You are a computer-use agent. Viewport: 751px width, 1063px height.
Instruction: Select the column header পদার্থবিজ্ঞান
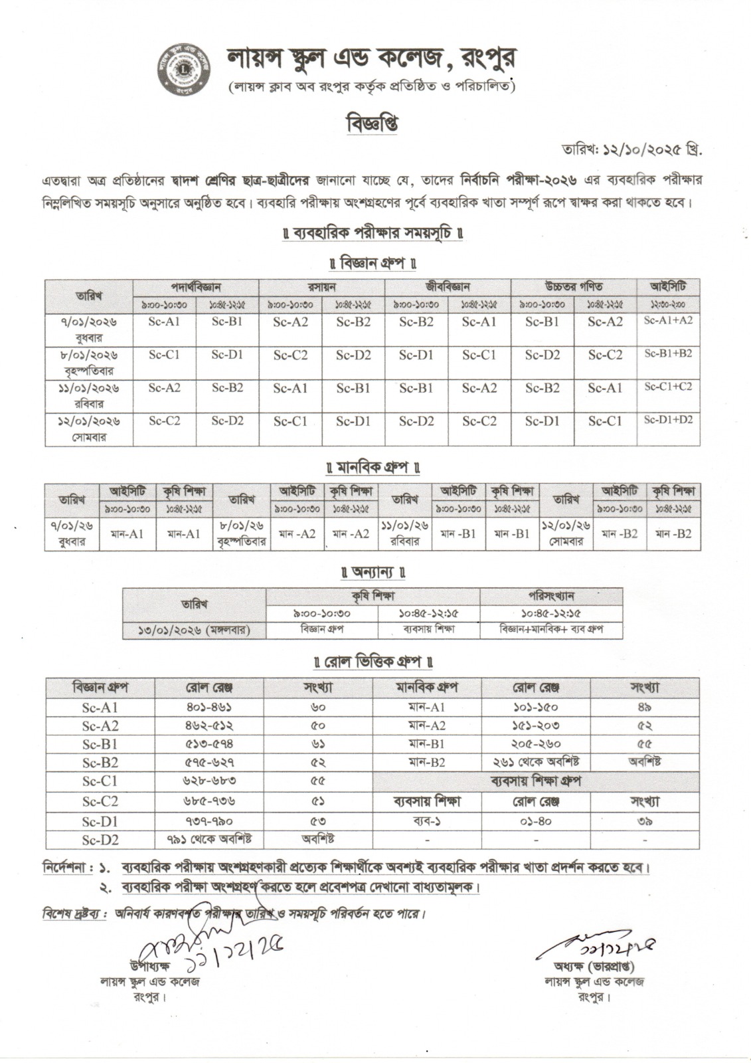[x=196, y=287]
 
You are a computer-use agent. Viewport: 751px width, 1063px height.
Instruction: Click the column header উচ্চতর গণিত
[x=574, y=287]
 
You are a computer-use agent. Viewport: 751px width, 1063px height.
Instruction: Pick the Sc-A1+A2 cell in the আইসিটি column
[x=668, y=320]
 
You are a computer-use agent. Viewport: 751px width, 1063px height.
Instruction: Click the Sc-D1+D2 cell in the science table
[x=668, y=420]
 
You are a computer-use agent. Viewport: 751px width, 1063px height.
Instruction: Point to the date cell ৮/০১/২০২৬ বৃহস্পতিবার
[x=88, y=362]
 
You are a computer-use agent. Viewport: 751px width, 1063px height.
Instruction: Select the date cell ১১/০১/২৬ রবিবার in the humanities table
[x=405, y=533]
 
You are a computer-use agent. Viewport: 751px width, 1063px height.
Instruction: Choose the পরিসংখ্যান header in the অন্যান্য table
[x=551, y=596]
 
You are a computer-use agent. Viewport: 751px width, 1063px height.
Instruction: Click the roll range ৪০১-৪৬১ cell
[x=209, y=708]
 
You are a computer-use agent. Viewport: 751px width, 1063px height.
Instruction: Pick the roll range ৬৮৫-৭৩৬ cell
[x=209, y=803]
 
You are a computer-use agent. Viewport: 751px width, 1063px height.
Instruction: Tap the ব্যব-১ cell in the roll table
[x=426, y=821]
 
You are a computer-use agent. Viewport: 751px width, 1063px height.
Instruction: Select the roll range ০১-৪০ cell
[x=537, y=821]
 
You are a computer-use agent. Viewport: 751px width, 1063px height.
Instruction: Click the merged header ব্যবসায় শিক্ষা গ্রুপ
[x=537, y=782]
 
